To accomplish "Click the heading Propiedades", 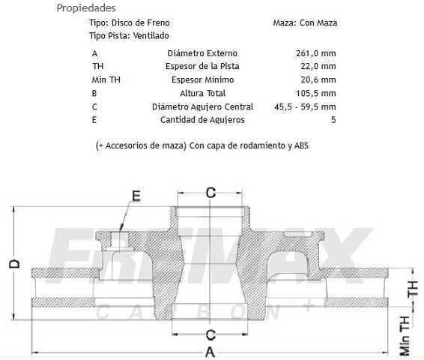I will tap(85, 8).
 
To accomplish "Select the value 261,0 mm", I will tap(316, 53).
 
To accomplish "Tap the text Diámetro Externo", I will tap(202, 53).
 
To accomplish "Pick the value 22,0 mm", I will tap(318, 67).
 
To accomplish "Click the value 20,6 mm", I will tap(318, 80).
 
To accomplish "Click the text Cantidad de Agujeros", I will tap(202, 120).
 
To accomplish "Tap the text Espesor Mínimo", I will tap(202, 80).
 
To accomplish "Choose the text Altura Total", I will tap(202, 94).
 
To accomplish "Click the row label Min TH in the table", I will tap(106, 80).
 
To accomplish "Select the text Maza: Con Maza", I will tap(305, 22).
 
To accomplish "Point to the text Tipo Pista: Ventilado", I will tap(129, 35).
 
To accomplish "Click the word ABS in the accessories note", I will tap(301, 145).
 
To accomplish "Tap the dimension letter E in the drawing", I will tap(136, 196).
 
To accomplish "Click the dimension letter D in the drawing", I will tap(13, 264).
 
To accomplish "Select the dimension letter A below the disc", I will tap(211, 351).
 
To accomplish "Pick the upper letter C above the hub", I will tap(211, 193).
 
